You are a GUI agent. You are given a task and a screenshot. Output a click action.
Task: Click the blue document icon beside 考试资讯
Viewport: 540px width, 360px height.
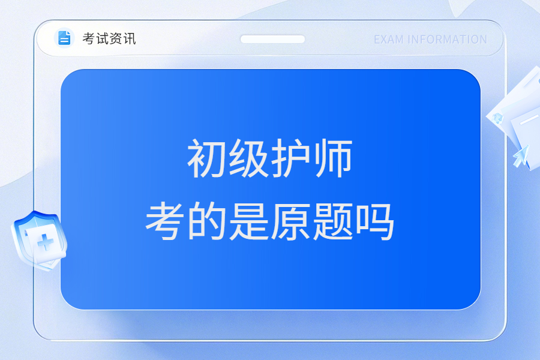tap(64, 38)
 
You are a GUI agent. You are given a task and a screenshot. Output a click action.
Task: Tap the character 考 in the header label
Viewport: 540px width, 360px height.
tap(89, 38)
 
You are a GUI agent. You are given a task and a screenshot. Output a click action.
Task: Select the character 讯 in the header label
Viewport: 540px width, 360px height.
tap(130, 38)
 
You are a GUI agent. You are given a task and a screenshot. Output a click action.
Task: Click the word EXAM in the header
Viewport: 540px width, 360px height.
tap(388, 40)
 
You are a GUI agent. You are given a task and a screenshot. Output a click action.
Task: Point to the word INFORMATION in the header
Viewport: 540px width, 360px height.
tap(447, 40)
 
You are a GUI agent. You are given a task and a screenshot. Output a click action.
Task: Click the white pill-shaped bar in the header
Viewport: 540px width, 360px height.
tap(272, 39)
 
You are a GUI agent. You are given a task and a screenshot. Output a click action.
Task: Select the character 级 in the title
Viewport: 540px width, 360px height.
tap(248, 158)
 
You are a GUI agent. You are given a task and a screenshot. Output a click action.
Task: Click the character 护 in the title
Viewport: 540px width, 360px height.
tap(290, 158)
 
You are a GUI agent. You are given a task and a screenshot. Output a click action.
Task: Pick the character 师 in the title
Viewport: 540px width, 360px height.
tap(332, 158)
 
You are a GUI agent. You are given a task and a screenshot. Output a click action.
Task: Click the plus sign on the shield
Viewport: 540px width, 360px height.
tap(45, 242)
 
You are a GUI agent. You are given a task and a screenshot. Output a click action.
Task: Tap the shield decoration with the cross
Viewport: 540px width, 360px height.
tap(39, 241)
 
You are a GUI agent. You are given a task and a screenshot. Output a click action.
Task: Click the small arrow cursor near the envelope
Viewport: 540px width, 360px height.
tap(521, 156)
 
